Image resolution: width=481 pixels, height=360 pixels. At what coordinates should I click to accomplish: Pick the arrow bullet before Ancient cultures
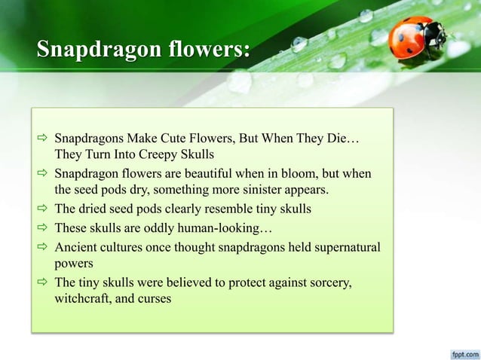click(44, 247)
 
